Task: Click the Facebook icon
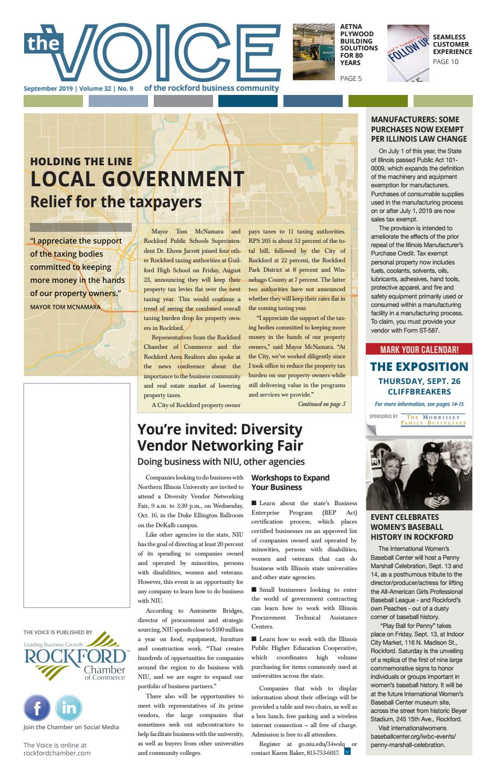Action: pyautogui.click(x=37, y=708)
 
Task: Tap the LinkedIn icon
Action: pyautogui.click(x=68, y=708)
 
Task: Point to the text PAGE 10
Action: pyautogui.click(x=445, y=62)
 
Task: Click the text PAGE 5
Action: pyautogui.click(x=351, y=79)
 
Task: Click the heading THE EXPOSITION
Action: pyautogui.click(x=419, y=367)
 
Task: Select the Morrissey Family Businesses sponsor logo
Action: pyautogui.click(x=434, y=419)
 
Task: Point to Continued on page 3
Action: pyautogui.click(x=321, y=404)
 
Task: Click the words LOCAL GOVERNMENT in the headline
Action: pyautogui.click(x=137, y=179)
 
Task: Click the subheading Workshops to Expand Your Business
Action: pyautogui.click(x=290, y=482)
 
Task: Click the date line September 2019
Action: pyautogui.click(x=48, y=89)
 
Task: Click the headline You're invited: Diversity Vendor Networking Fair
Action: pyautogui.click(x=220, y=437)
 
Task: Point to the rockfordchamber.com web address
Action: pyautogui.click(x=57, y=753)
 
